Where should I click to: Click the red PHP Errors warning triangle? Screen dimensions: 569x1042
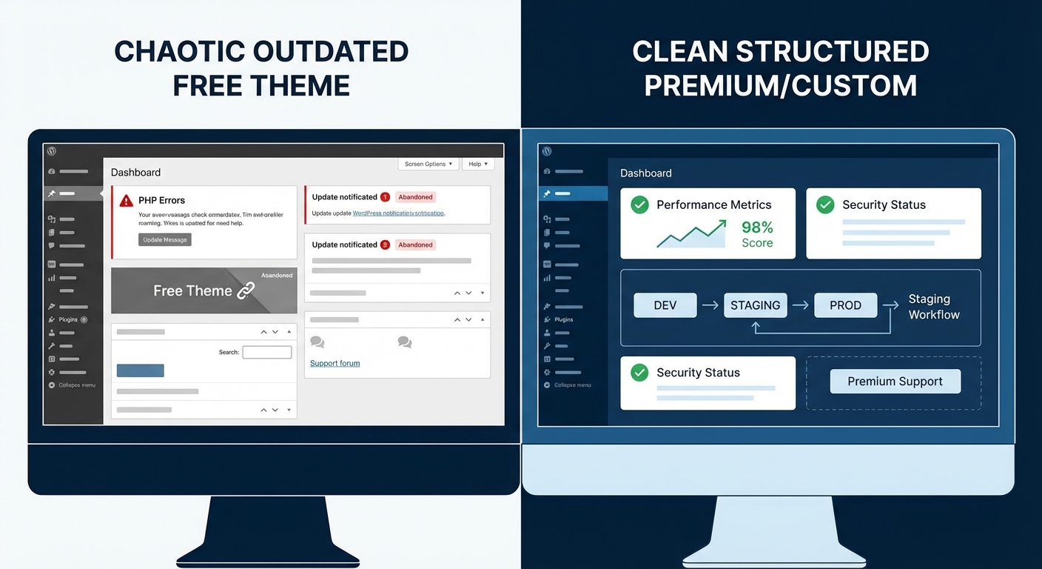pyautogui.click(x=126, y=200)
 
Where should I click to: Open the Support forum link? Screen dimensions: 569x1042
pyautogui.click(x=335, y=363)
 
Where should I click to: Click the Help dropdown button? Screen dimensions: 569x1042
pyautogui.click(x=478, y=164)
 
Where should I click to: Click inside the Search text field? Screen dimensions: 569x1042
pyautogui.click(x=266, y=352)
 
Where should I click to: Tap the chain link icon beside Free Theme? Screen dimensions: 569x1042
pyautogui.click(x=246, y=290)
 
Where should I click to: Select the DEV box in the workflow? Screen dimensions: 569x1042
pyautogui.click(x=665, y=305)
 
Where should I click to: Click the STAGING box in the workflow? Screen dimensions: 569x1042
pyautogui.click(x=755, y=305)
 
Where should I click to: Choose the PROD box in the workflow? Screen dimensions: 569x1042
pyautogui.click(x=845, y=305)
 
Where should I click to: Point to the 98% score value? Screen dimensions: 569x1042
pyautogui.click(x=757, y=227)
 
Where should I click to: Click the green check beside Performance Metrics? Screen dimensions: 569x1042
pyautogui.click(x=639, y=204)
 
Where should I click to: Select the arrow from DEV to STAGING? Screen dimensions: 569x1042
pyautogui.click(x=710, y=305)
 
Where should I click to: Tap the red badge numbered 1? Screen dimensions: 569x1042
pyautogui.click(x=385, y=197)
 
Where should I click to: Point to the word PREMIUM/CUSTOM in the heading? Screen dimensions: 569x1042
pyautogui.click(x=780, y=86)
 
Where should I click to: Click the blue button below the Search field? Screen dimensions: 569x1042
pyautogui.click(x=140, y=370)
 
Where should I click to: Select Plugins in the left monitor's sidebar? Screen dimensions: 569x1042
pyautogui.click(x=68, y=319)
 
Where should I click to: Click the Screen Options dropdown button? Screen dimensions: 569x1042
pyautogui.click(x=428, y=164)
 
